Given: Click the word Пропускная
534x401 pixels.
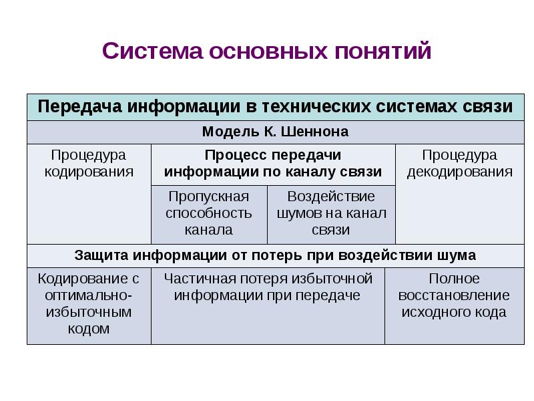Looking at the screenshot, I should [x=209, y=196].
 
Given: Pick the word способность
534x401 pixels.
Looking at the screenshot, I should [x=209, y=213].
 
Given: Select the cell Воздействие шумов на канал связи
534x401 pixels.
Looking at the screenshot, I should [x=331, y=213].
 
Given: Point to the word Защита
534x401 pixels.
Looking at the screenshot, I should [x=101, y=255].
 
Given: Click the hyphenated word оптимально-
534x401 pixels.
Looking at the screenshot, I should [x=89, y=295].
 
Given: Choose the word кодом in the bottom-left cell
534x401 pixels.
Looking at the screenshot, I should [x=89, y=329].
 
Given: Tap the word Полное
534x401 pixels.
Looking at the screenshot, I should [x=454, y=279].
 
